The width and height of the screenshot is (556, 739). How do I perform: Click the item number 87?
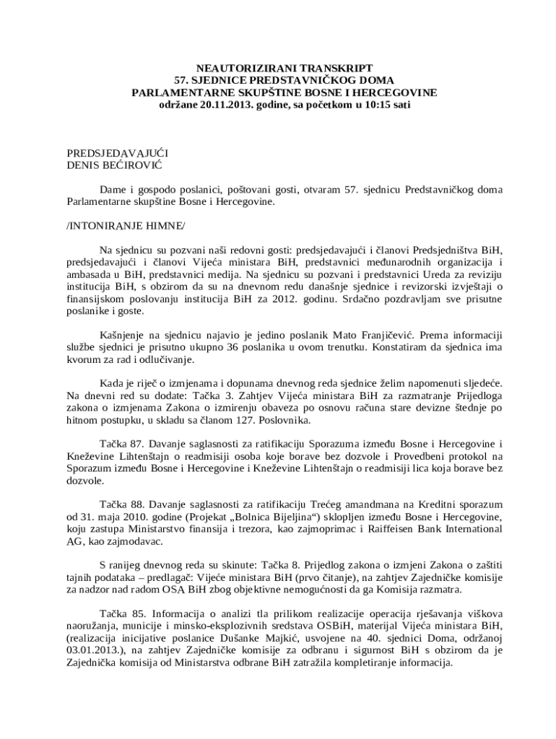[x=139, y=442]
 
